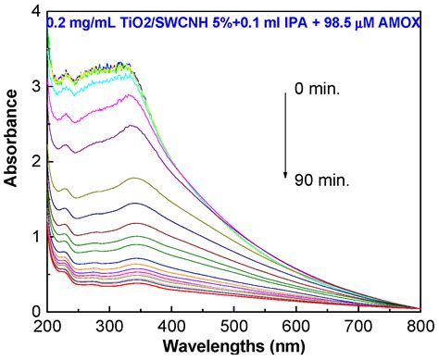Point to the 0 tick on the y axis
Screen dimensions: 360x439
tap(35, 311)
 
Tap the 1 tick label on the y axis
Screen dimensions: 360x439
tap(35, 236)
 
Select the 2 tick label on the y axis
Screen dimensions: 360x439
tap(35, 161)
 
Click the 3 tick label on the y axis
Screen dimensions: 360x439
tap(35, 86)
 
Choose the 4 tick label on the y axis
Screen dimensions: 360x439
tap(35, 12)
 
